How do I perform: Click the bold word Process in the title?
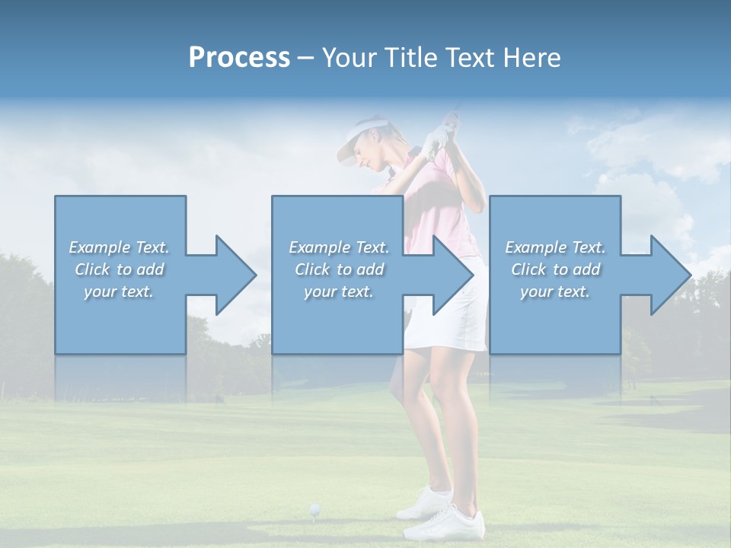tap(239, 58)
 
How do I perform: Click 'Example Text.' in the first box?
tap(119, 247)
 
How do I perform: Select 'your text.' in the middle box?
tap(338, 292)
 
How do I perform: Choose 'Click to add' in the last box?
tap(555, 269)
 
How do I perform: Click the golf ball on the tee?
tap(314, 508)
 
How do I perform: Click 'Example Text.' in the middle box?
tap(338, 247)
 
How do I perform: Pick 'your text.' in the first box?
tap(119, 292)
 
